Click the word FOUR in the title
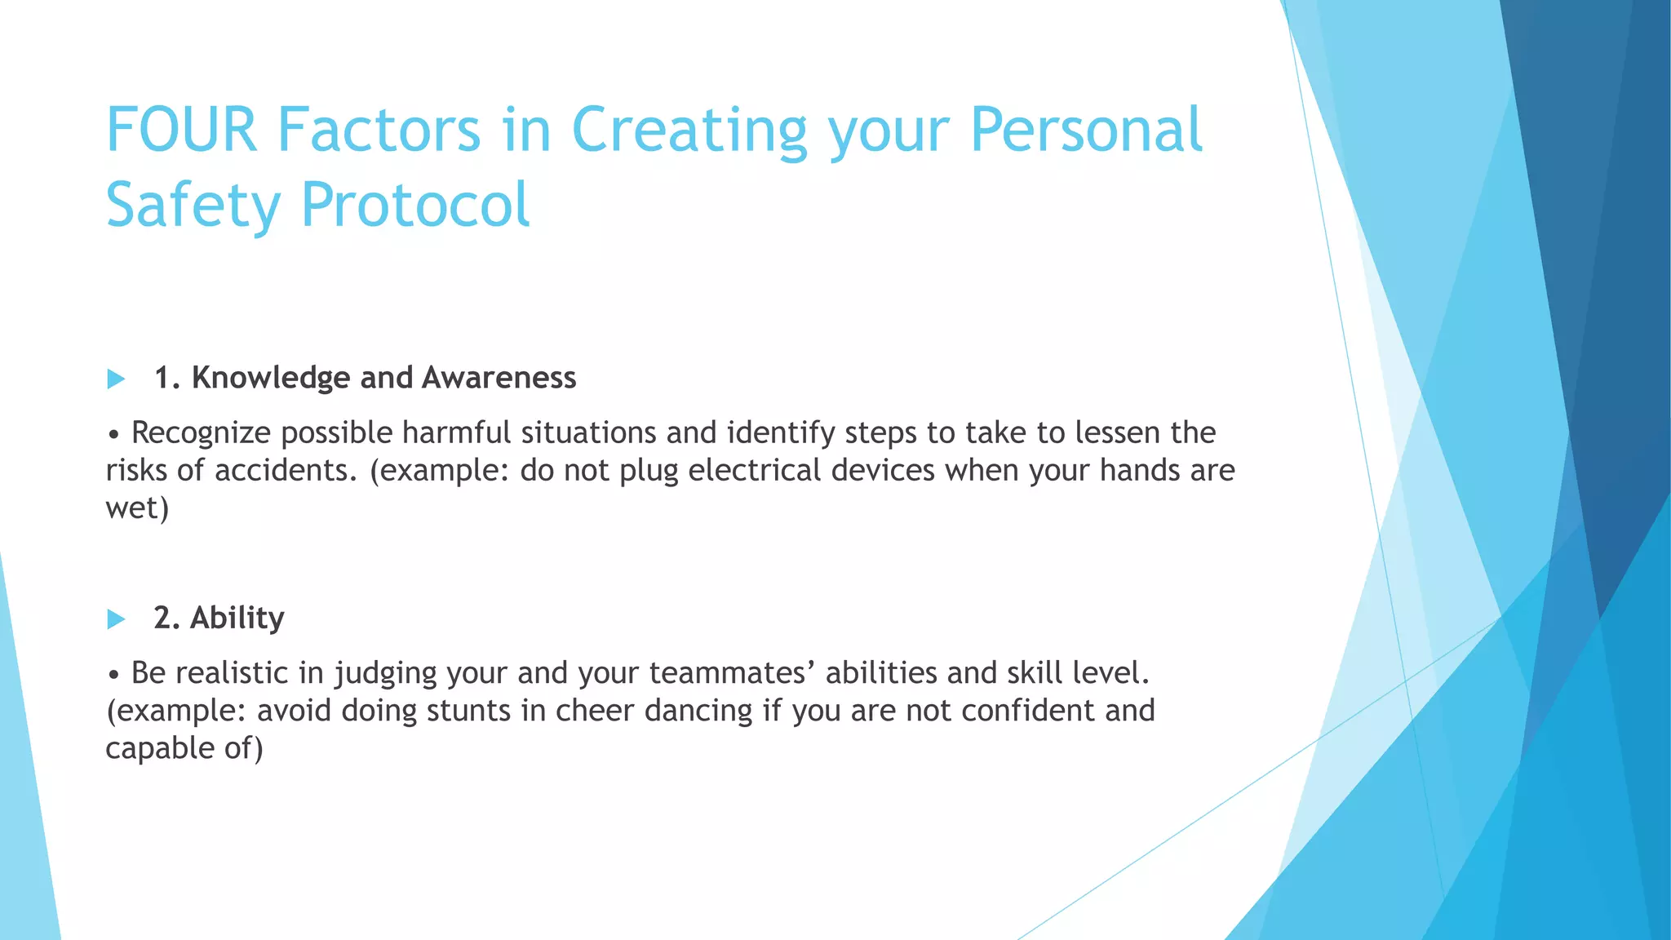(181, 130)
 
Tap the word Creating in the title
(689, 130)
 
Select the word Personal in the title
(1086, 130)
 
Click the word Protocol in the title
(415, 204)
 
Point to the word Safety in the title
(193, 204)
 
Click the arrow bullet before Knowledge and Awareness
(116, 379)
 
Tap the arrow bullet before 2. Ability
(116, 619)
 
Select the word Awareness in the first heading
(499, 378)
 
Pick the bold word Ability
(237, 618)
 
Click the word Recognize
(201, 432)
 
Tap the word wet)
(137, 508)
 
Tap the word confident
(1027, 710)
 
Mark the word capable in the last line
(159, 748)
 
